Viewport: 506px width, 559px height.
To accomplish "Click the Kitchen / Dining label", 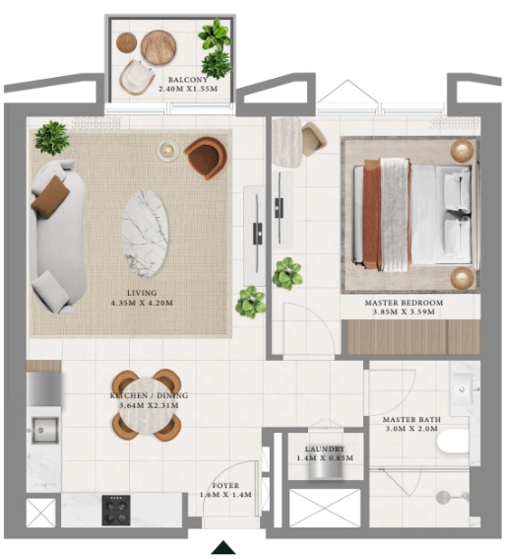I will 148,400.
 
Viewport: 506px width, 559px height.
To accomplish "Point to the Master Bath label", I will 411,425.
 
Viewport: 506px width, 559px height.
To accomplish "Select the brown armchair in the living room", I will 205,156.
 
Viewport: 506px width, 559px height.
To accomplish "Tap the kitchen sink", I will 43,431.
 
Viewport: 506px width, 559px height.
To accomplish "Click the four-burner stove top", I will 118,510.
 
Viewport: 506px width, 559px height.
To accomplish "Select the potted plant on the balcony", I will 214,45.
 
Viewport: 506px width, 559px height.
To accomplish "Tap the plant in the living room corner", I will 51,136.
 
